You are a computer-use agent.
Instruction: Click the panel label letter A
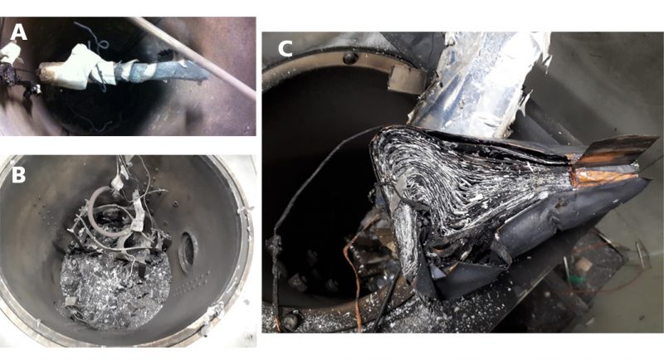tap(18, 32)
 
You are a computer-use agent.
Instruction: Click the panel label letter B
tap(17, 174)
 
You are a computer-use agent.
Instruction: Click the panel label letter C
tap(285, 50)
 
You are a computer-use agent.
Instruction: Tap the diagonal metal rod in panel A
tap(193, 56)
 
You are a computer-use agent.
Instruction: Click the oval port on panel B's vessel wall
tap(188, 251)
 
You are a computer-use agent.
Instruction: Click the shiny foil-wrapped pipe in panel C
tap(479, 85)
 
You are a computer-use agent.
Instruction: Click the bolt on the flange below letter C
tap(349, 58)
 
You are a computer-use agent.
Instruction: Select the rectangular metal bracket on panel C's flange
tap(407, 79)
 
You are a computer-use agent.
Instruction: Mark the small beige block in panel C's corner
tap(583, 265)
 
